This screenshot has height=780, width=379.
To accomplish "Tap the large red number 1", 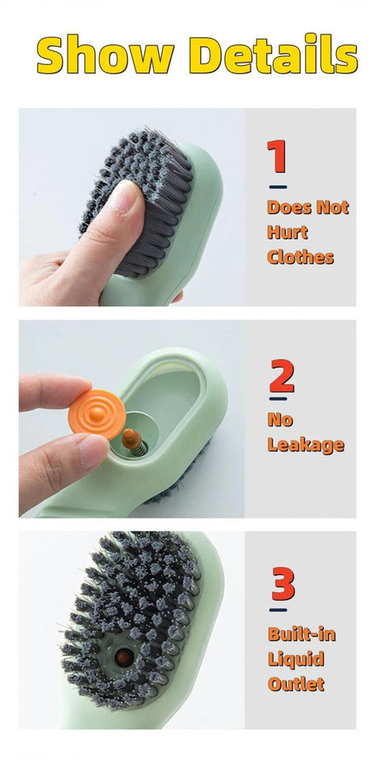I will coord(277,157).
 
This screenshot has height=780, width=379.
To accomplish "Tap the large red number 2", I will coord(281,376).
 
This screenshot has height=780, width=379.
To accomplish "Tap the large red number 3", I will coord(283,585).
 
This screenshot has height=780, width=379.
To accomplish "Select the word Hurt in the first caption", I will coord(288,232).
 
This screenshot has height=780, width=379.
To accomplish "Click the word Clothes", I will coord(300,257).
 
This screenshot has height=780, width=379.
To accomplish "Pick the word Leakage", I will coord(305,445).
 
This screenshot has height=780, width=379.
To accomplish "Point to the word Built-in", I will coord(302,634).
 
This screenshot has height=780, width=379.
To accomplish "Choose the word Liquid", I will coord(296,658).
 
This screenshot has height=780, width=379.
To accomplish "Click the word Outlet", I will coord(296,683).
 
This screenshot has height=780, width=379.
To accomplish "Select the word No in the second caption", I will coord(280,420).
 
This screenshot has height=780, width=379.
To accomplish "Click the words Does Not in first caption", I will coord(307,207).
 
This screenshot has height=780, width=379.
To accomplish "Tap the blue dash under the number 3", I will coord(278,610).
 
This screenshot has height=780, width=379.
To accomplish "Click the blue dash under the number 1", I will coord(278,187).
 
